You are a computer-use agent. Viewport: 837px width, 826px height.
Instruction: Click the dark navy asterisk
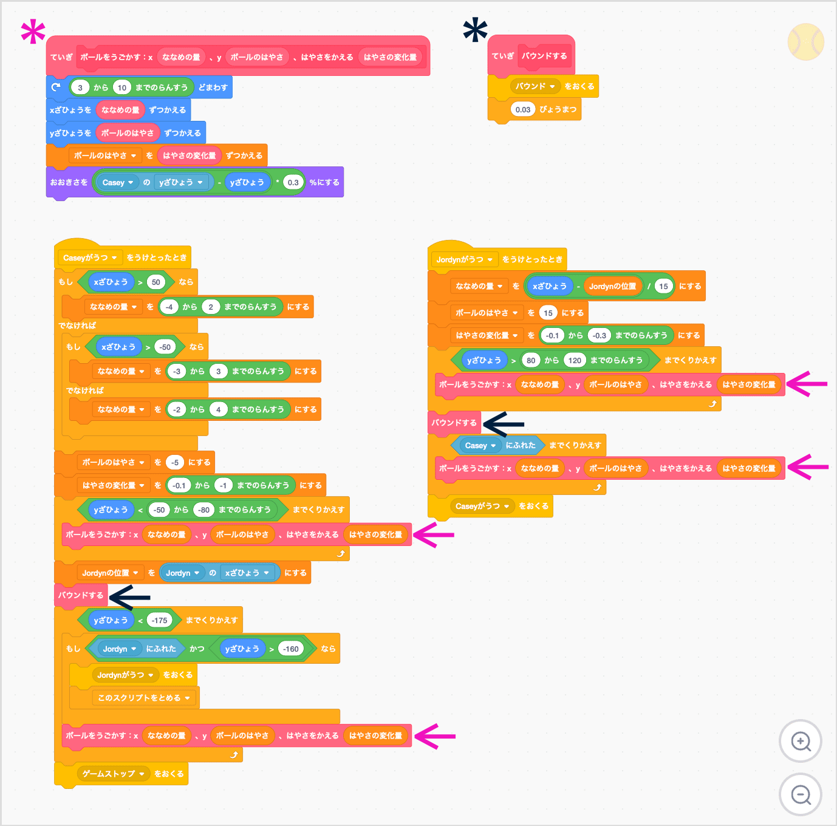pyautogui.click(x=475, y=30)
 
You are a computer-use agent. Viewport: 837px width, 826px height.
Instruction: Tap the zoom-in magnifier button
pyautogui.click(x=801, y=741)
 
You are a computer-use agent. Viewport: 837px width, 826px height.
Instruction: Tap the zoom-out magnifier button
pyautogui.click(x=801, y=794)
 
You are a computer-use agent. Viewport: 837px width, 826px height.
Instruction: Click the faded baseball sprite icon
pyautogui.click(x=805, y=42)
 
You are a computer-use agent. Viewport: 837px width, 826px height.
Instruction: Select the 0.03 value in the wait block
pyautogui.click(x=522, y=110)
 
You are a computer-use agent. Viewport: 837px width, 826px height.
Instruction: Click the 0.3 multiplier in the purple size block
pyautogui.click(x=293, y=182)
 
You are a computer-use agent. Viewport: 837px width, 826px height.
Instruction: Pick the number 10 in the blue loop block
pyautogui.click(x=122, y=87)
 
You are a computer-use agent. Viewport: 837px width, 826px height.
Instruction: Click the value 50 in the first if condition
pyautogui.click(x=156, y=282)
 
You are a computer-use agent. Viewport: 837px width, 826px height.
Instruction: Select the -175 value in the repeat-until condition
pyautogui.click(x=160, y=620)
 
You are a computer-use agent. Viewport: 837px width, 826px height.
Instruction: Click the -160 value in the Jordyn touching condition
pyautogui.click(x=291, y=649)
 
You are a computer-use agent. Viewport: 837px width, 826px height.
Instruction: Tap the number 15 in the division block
pyautogui.click(x=663, y=286)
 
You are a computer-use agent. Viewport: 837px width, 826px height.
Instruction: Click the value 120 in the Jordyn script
pyautogui.click(x=575, y=360)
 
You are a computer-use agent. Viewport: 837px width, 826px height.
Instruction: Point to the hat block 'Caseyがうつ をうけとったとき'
pyautogui.click(x=124, y=258)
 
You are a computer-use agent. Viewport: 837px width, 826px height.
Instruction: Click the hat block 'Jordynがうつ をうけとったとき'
pyautogui.click(x=498, y=259)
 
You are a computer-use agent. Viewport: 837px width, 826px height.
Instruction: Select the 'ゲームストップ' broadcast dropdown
pyautogui.click(x=113, y=774)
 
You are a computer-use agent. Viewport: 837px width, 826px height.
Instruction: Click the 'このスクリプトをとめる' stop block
pyautogui.click(x=144, y=698)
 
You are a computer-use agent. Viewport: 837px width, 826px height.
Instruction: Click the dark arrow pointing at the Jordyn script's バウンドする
pyautogui.click(x=504, y=424)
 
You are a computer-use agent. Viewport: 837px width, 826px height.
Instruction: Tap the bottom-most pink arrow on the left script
pyautogui.click(x=435, y=736)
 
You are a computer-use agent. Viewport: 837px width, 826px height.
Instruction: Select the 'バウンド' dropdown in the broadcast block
pyautogui.click(x=535, y=86)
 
